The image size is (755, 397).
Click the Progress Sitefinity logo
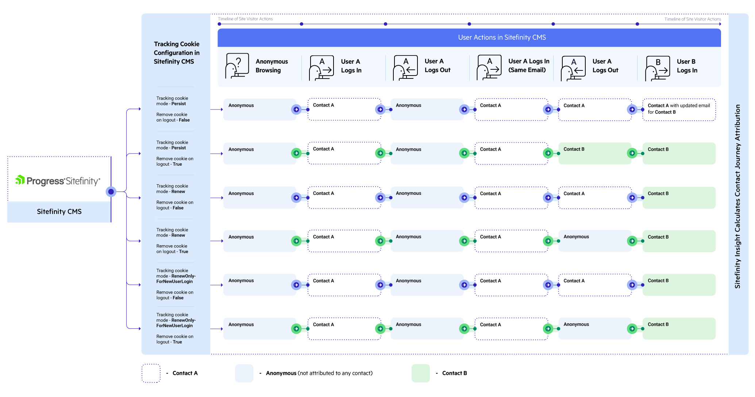[x=58, y=181]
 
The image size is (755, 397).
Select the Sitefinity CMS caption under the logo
[x=59, y=212]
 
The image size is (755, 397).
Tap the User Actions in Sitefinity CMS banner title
[x=502, y=38]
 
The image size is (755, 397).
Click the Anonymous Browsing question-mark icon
[x=237, y=66]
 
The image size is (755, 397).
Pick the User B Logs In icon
[x=658, y=68]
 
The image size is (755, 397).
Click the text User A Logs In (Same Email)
[x=528, y=66]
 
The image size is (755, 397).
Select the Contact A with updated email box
[x=679, y=109]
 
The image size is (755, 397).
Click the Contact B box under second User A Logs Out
[x=594, y=153]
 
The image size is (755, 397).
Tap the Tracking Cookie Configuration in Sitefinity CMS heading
[x=176, y=53]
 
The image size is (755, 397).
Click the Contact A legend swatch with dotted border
[x=151, y=373]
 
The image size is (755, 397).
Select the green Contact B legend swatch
[x=420, y=373]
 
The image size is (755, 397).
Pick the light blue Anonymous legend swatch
[x=244, y=373]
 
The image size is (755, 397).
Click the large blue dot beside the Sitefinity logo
[x=111, y=192]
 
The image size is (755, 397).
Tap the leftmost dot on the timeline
[x=219, y=24]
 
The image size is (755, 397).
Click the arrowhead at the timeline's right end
[x=720, y=24]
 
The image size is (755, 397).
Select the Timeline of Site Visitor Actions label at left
[x=245, y=19]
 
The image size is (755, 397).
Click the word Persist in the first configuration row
[x=178, y=104]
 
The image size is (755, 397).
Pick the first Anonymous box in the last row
[x=259, y=328]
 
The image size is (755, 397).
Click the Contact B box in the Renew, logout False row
[x=679, y=197]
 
